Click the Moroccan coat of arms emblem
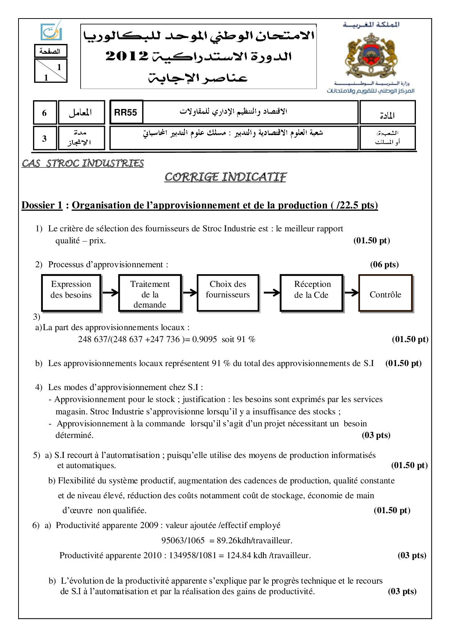point(370,53)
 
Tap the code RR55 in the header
point(126,112)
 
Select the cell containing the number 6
point(44,113)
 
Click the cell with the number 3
point(44,138)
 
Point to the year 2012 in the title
point(127,56)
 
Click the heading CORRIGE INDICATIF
point(225,177)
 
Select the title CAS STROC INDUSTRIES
point(83,163)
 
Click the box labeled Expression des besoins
point(71,293)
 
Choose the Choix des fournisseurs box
point(228,293)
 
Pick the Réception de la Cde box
point(312,293)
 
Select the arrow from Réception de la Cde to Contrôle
point(351,292)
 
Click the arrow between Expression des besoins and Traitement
point(110,292)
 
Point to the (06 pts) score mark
point(384,264)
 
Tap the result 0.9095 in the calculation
point(204,339)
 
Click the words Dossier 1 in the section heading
point(42,205)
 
